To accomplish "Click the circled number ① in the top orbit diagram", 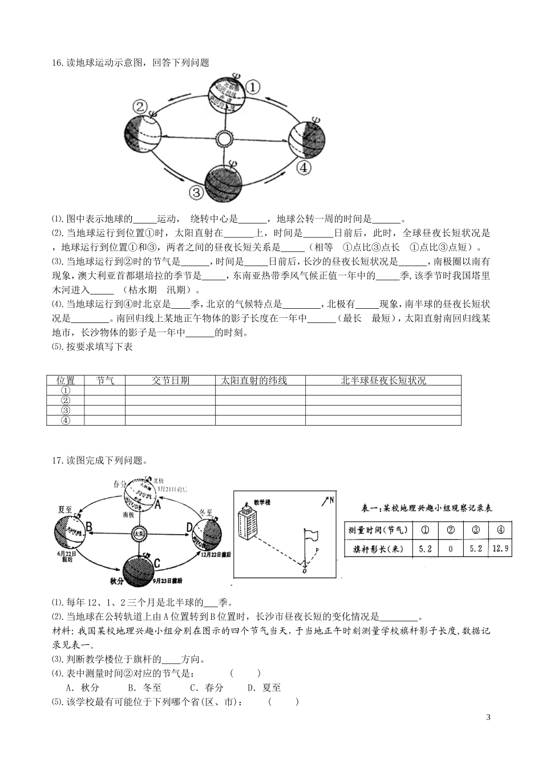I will [253, 87].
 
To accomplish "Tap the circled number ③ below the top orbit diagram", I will [196, 192].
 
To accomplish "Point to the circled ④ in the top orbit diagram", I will [304, 168].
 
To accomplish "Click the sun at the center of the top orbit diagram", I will [224, 139].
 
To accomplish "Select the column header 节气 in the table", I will [104, 381].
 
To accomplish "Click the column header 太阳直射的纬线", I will [260, 381].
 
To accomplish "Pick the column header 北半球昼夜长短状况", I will [383, 381].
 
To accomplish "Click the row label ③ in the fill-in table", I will [65, 410].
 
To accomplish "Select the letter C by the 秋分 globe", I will [157, 563].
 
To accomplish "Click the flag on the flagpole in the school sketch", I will [312, 535].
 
